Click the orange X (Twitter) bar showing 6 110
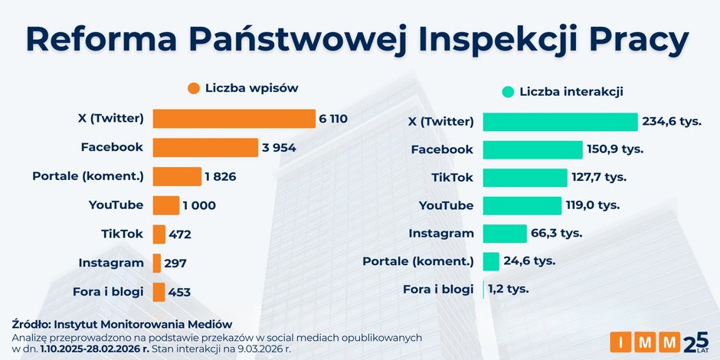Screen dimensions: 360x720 click(234, 119)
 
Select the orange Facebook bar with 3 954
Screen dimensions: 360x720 click(205, 148)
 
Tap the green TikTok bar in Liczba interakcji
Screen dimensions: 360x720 click(525, 178)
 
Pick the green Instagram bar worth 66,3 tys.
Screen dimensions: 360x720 click(505, 233)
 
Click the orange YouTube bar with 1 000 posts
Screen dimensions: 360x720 click(165, 205)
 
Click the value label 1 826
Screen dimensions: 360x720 click(220, 177)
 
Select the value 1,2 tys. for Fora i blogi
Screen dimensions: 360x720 click(508, 289)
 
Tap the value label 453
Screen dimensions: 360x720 click(179, 292)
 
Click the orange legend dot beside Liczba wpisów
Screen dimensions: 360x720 click(193, 88)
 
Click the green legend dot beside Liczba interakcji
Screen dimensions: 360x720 click(507, 92)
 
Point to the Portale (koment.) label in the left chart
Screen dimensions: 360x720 click(88, 176)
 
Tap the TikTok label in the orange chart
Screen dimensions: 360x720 click(123, 234)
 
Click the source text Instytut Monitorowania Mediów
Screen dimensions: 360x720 click(145, 324)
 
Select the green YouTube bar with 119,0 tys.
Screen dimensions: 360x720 click(522, 205)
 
